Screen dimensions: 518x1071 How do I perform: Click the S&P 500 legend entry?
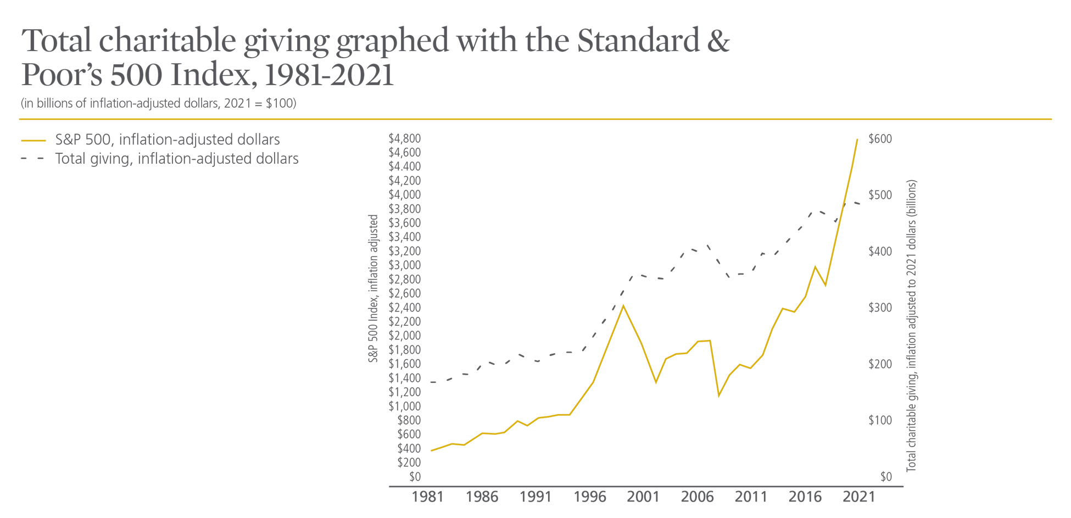(x=167, y=140)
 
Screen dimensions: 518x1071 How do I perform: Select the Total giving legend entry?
(x=176, y=159)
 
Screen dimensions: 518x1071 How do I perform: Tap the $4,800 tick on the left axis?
(x=404, y=138)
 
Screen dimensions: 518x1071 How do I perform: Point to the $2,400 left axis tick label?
(x=404, y=307)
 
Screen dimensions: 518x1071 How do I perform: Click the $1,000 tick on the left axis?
(x=404, y=406)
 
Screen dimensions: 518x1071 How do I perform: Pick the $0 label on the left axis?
(x=415, y=476)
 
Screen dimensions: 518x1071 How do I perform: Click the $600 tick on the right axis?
(x=880, y=139)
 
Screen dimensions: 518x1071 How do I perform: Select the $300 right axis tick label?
(x=880, y=308)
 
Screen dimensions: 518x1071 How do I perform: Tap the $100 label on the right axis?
(x=880, y=420)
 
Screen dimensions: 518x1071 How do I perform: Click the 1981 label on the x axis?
(x=427, y=497)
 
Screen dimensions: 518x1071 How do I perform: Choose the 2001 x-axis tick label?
(x=643, y=497)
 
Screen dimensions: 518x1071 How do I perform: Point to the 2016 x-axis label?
(x=805, y=497)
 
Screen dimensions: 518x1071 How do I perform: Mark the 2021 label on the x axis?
(x=858, y=497)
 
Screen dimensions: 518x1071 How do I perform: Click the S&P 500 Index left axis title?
(x=373, y=288)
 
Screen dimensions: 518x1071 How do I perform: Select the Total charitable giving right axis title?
(x=911, y=325)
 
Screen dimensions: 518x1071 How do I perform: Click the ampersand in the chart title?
(x=718, y=41)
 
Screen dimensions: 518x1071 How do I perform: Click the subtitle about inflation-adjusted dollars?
(x=159, y=103)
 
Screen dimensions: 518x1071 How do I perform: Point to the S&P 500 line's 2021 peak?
(x=857, y=139)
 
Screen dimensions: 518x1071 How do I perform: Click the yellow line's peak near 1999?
(x=623, y=305)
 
